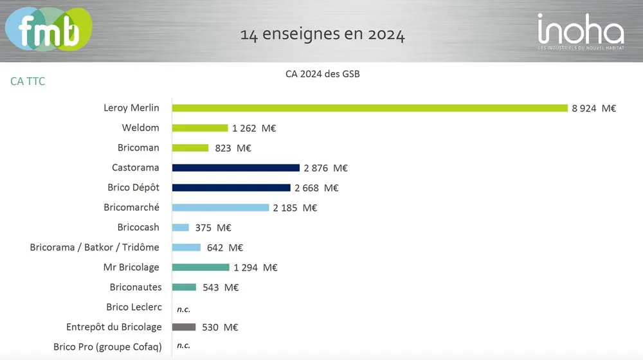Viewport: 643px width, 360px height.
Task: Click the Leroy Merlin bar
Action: (x=370, y=108)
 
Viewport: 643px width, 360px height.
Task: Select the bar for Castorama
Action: (x=236, y=168)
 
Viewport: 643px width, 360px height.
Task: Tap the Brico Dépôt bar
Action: (x=231, y=188)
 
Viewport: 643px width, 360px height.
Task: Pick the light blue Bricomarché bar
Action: (x=221, y=208)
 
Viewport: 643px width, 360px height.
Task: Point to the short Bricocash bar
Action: (x=181, y=228)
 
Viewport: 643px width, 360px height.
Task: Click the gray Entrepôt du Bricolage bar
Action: (x=184, y=327)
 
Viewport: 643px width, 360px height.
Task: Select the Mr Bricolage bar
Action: (x=201, y=267)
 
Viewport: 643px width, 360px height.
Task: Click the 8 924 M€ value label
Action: (x=593, y=108)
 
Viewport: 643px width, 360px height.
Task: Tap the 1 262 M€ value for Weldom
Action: (x=254, y=128)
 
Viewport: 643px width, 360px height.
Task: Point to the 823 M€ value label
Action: (x=232, y=148)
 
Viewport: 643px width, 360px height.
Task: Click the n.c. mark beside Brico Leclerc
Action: (x=183, y=309)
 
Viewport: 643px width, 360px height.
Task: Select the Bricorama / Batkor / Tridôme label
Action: (x=95, y=248)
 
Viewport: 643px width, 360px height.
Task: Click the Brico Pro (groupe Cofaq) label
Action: (x=107, y=347)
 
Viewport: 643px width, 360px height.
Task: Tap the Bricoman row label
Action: (x=138, y=148)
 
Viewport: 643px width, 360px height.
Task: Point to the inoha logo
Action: (x=580, y=32)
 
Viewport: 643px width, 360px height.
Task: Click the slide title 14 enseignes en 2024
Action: (x=322, y=34)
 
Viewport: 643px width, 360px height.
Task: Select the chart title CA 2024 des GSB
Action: (x=322, y=74)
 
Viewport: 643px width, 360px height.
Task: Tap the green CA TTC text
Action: (x=28, y=82)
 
